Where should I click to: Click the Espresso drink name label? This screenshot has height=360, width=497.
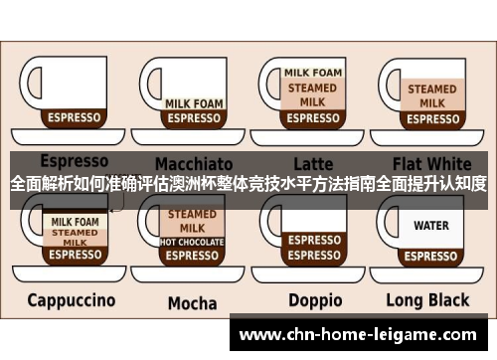tap(74, 160)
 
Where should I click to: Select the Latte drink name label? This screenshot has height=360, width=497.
tap(313, 162)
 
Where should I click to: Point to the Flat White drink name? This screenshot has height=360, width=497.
tap(432, 162)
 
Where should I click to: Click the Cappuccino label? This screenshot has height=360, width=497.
tap(71, 299)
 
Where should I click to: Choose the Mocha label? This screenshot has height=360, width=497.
tap(192, 302)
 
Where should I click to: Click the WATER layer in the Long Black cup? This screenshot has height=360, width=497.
tap(431, 226)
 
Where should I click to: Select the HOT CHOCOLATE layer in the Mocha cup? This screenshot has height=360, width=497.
tap(192, 242)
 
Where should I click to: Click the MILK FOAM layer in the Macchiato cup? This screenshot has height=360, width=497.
tap(193, 103)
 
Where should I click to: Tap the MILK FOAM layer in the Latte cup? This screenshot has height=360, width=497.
tap(313, 73)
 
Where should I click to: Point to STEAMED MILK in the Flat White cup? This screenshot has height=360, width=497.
tap(432, 95)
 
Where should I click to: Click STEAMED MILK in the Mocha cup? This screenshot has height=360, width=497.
tap(192, 221)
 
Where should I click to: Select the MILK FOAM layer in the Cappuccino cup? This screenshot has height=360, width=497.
tap(75, 221)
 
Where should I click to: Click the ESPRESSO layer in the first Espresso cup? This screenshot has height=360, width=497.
tap(75, 117)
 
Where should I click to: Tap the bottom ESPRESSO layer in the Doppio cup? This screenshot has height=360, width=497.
tap(313, 256)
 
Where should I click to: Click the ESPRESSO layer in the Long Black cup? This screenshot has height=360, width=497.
tap(431, 256)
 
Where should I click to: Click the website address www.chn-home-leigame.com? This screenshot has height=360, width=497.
tap(362, 336)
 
